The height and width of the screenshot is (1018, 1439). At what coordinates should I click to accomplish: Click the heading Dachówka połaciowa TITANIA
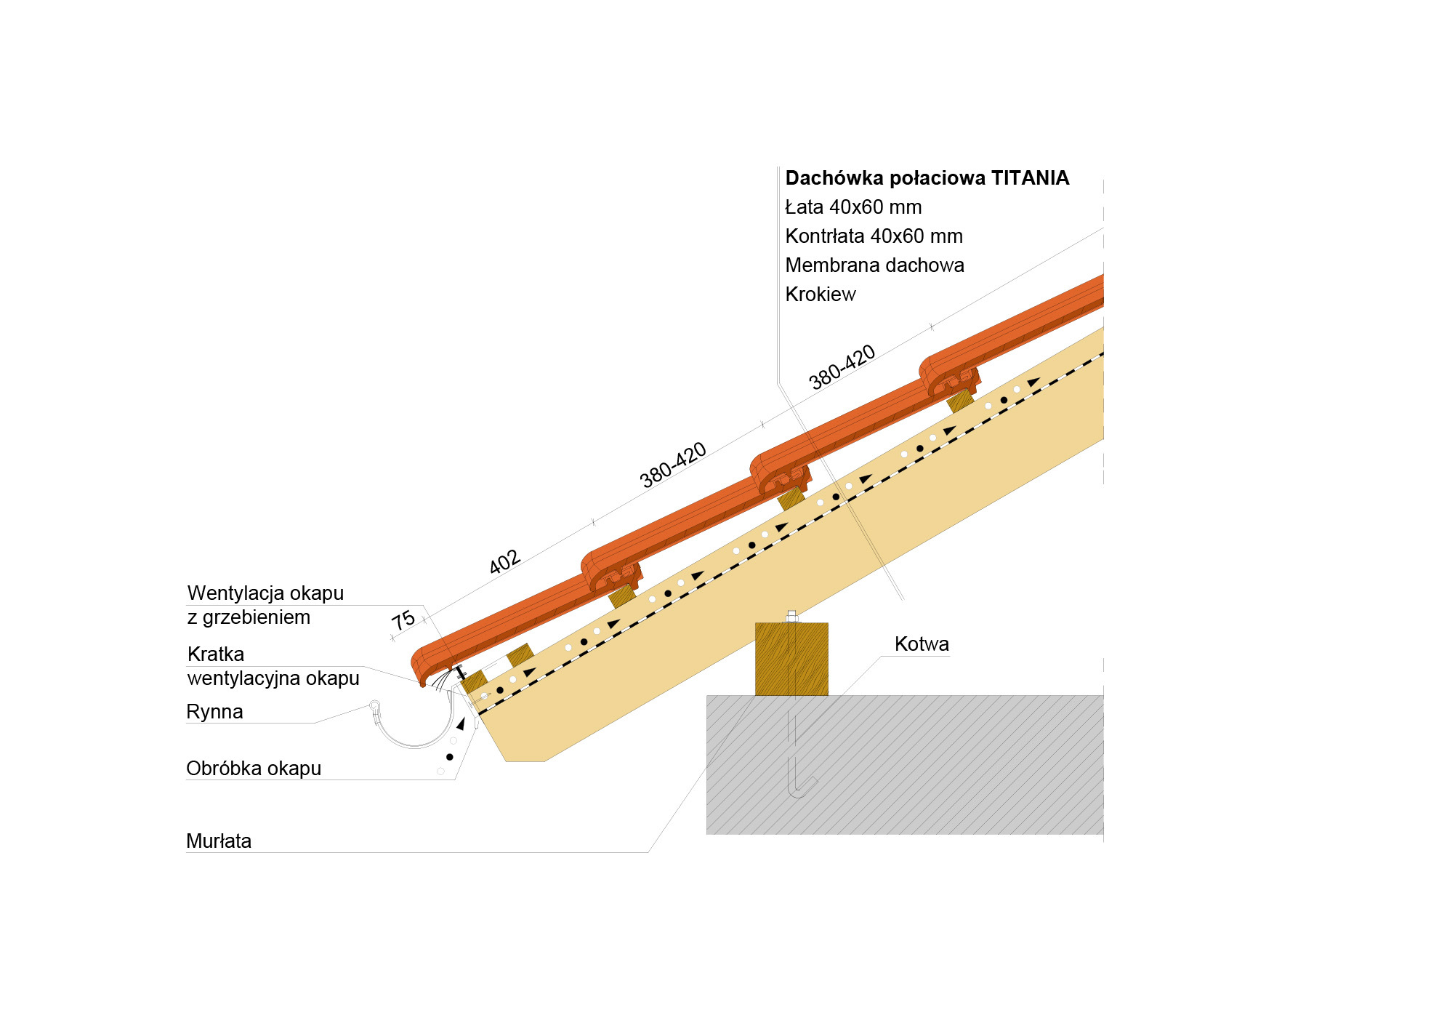[x=927, y=178]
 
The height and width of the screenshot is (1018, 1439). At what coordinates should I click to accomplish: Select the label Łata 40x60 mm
[x=853, y=207]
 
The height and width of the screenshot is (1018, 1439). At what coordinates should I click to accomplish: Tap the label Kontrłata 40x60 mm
[x=874, y=236]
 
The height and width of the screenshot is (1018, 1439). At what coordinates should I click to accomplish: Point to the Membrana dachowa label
[x=874, y=265]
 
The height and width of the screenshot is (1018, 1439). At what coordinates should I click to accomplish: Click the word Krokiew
[x=821, y=294]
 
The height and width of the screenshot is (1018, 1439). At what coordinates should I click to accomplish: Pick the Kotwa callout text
[x=922, y=644]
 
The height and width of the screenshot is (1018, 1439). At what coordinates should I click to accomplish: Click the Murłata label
[x=219, y=841]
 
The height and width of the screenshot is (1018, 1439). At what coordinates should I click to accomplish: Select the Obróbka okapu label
[x=254, y=769]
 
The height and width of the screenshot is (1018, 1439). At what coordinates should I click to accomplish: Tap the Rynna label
[x=214, y=712]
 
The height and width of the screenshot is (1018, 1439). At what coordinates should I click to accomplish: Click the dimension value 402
[x=504, y=562]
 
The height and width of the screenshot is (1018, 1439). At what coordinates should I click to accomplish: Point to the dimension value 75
[x=403, y=620]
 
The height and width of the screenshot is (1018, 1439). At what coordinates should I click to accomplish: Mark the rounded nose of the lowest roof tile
[x=420, y=665]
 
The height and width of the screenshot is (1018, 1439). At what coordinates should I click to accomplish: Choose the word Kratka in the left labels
[x=216, y=654]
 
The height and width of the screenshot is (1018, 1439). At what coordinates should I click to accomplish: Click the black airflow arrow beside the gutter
[x=461, y=724]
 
